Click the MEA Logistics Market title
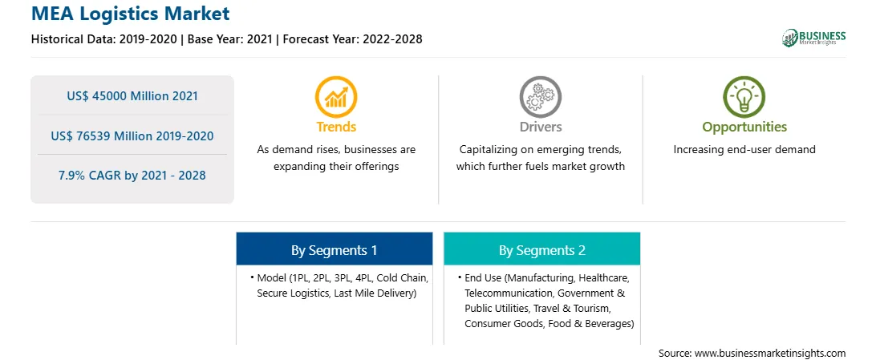click(130, 14)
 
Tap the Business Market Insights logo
click(813, 38)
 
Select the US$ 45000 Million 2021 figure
click(132, 96)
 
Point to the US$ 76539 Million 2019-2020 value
click(132, 136)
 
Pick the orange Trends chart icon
click(336, 97)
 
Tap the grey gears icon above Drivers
click(540, 97)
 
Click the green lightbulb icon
click(744, 97)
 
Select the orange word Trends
click(336, 127)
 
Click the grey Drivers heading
click(540, 127)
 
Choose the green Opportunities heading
click(744, 127)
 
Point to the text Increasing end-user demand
click(744, 150)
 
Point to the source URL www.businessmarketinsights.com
click(770, 354)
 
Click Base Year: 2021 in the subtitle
click(230, 39)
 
